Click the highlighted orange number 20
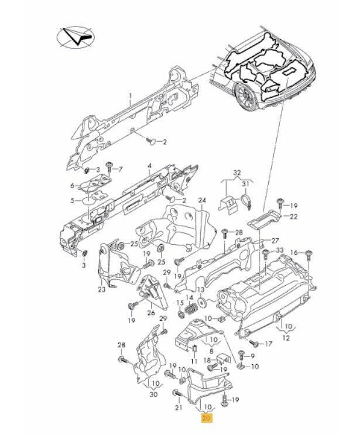click(x=205, y=418)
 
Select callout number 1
click(x=131, y=96)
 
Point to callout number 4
click(x=150, y=166)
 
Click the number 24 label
click(x=202, y=201)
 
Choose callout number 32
click(x=237, y=172)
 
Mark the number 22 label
click(x=294, y=217)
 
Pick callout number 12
click(x=286, y=337)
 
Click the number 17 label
click(x=270, y=344)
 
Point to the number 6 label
click(x=73, y=185)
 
